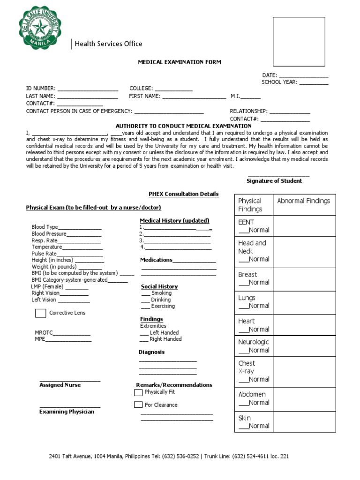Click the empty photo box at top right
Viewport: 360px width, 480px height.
coord(299,42)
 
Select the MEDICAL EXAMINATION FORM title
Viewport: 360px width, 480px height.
coord(179,62)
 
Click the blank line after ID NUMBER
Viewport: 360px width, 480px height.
coord(88,88)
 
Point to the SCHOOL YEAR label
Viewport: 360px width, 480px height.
coord(279,82)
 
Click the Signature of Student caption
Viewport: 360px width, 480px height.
coord(274,181)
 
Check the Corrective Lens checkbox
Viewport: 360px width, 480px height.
coord(41,313)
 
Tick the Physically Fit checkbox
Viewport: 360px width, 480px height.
coord(138,392)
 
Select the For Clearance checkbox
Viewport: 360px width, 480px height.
coord(138,405)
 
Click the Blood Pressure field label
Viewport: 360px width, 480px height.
coord(49,234)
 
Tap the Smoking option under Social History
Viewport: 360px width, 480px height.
coord(161,293)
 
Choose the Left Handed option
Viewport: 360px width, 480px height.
coord(164,332)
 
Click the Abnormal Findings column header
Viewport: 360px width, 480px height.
coord(303,201)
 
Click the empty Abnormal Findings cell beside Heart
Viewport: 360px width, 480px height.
coord(304,325)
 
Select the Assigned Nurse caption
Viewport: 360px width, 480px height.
coord(60,385)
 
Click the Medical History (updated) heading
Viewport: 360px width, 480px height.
coord(174,220)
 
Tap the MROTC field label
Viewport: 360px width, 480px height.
coord(44,333)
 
